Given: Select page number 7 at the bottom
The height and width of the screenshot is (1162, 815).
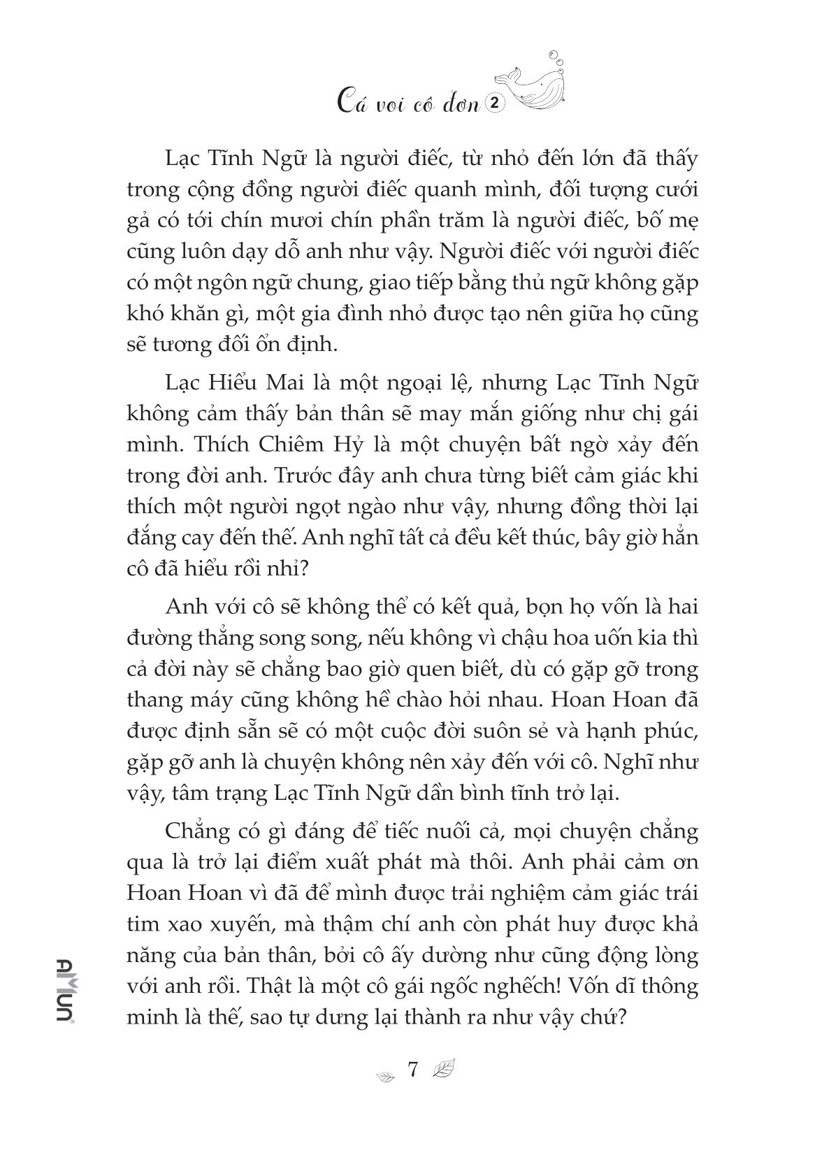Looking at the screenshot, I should pos(412,1070).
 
